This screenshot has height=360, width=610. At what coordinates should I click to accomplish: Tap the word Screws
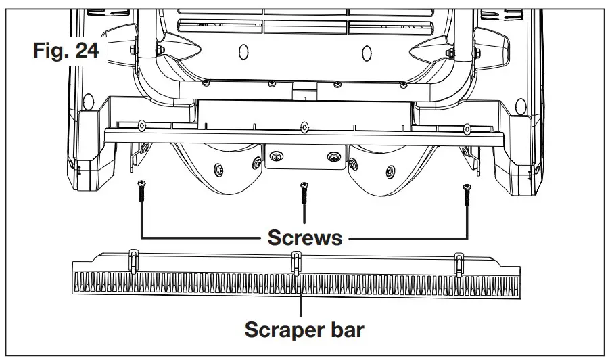[304, 238]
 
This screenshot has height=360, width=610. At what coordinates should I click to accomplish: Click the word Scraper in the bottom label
[277, 331]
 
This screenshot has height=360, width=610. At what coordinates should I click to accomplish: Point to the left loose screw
[141, 193]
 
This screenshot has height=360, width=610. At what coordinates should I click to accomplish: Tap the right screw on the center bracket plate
[333, 158]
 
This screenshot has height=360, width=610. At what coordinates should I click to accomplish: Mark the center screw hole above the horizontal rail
[304, 125]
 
